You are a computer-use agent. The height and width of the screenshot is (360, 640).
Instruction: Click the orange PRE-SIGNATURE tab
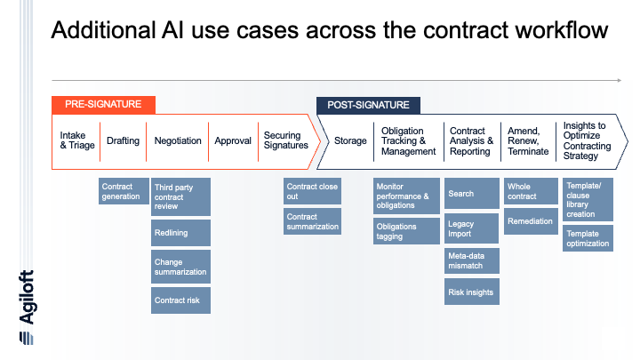(x=103, y=105)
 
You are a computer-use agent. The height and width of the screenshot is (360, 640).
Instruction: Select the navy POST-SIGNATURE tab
(x=368, y=105)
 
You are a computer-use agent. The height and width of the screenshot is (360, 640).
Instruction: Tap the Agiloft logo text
(x=27, y=297)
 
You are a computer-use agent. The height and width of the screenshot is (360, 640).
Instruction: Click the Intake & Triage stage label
(x=77, y=140)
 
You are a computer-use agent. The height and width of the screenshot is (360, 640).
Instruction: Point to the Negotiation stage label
(x=178, y=140)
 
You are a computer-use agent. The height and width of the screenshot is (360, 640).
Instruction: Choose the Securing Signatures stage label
(x=285, y=140)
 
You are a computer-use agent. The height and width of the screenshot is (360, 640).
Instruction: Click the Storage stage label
(x=350, y=140)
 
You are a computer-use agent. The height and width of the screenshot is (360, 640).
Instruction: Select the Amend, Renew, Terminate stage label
(x=528, y=141)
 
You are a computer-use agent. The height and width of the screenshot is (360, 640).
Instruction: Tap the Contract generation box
(x=124, y=191)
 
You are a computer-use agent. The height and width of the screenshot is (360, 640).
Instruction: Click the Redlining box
(x=180, y=233)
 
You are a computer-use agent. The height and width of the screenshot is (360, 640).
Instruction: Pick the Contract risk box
(x=180, y=300)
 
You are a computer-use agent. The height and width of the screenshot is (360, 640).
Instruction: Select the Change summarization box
(x=180, y=267)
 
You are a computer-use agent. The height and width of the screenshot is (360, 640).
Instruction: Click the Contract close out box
(x=312, y=191)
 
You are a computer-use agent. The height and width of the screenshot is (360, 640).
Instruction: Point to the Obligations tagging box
(x=406, y=231)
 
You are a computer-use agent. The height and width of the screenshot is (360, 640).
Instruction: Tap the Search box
(x=472, y=194)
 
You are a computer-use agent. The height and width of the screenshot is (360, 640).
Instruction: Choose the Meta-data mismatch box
(x=472, y=260)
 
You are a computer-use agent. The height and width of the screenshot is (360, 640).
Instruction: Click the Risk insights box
(x=472, y=292)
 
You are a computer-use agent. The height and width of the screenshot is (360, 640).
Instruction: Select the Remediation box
(x=531, y=221)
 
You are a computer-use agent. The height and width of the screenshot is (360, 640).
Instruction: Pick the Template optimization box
(x=588, y=238)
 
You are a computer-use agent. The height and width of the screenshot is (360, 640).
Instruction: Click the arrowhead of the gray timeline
(x=620, y=80)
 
